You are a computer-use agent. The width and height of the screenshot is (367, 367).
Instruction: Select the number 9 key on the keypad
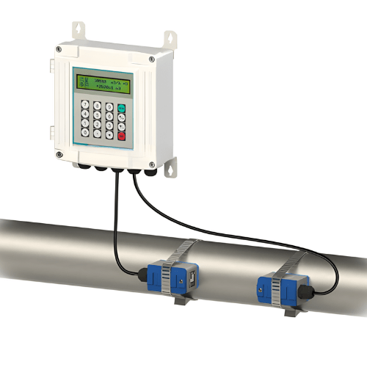click(x=109, y=107)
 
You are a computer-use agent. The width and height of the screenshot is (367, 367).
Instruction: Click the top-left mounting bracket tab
click(x=78, y=30)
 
